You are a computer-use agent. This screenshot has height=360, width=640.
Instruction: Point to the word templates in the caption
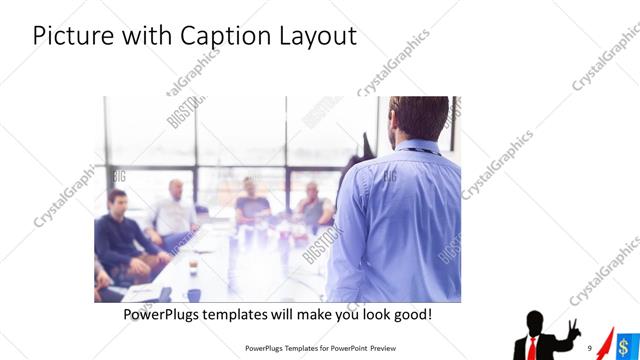tap(260, 314)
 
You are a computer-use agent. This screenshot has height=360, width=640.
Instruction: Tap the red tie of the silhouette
tap(533, 346)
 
